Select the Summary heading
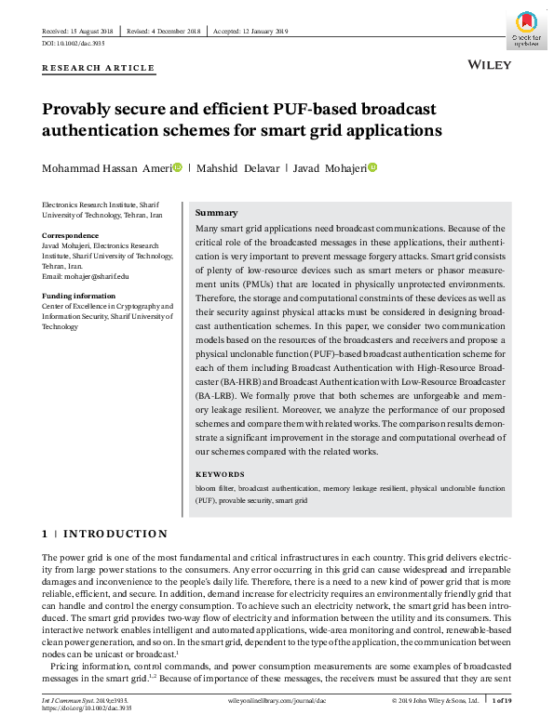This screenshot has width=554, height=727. (x=216, y=213)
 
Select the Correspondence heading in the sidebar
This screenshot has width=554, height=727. (x=71, y=235)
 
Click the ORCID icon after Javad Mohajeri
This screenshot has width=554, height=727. (x=372, y=167)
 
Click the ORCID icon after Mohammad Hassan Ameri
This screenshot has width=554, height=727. (x=178, y=167)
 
